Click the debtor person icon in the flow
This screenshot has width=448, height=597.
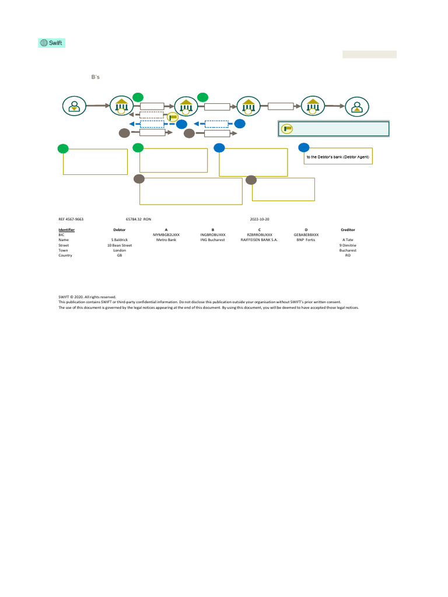(x=74, y=106)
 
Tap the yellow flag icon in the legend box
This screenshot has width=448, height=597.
(x=287, y=129)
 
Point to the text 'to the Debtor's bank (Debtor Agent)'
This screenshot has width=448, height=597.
(x=338, y=158)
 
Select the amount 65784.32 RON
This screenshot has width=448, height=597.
(x=138, y=219)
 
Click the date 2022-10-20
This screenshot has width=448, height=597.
(x=260, y=219)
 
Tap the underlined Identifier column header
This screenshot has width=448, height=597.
(x=66, y=230)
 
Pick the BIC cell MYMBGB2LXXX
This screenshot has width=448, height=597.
(x=166, y=234)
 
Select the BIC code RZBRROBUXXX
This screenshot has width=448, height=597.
(x=260, y=234)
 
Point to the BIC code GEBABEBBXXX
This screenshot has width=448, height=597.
(x=306, y=234)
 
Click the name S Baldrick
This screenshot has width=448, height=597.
(x=119, y=240)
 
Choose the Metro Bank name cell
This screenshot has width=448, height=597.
(x=166, y=240)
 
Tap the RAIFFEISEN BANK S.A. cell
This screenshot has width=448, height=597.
(x=260, y=240)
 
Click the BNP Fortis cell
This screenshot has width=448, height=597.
(x=306, y=240)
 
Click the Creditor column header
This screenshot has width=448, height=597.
(x=348, y=230)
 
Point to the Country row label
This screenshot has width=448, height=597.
(x=65, y=255)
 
